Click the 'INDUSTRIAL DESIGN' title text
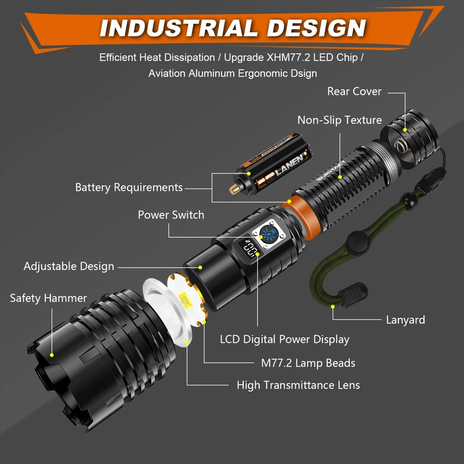[232, 28]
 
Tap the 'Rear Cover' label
[354, 91]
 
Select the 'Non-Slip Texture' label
[339, 120]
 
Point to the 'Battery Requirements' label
[129, 187]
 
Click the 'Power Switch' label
[171, 215]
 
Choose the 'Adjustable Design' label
[69, 266]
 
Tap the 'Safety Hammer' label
[48, 298]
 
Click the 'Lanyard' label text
[405, 320]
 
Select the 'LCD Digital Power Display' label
[284, 339]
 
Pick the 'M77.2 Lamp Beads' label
[308, 363]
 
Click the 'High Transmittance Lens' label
[298, 385]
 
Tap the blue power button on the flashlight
[269, 234]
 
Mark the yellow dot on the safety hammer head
[52, 354]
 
